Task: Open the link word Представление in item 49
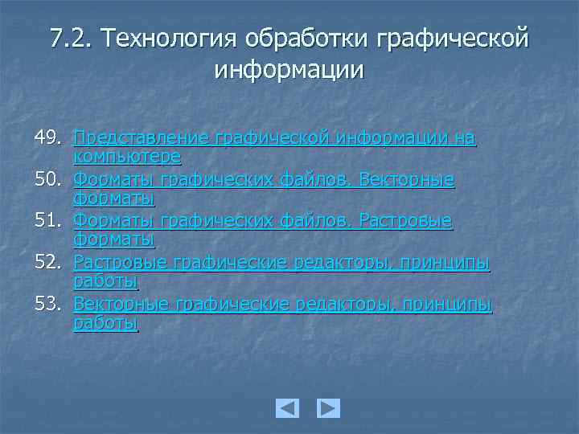click(x=142, y=140)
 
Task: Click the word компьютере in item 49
click(x=127, y=156)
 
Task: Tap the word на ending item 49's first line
click(x=465, y=140)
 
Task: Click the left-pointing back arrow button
click(x=287, y=408)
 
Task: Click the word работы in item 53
click(x=106, y=322)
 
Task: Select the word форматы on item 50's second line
click(x=113, y=198)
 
